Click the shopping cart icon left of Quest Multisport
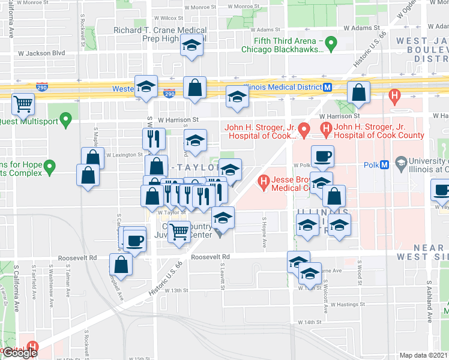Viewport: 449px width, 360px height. click(x=23, y=104)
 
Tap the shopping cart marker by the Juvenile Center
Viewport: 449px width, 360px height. click(x=179, y=231)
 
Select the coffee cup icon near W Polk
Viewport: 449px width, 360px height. click(x=322, y=155)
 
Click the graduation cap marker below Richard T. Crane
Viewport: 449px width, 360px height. click(x=192, y=46)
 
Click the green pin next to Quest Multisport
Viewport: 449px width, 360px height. click(x=66, y=119)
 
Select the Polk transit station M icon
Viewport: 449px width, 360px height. click(x=385, y=165)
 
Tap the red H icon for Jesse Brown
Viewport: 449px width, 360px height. click(x=262, y=181)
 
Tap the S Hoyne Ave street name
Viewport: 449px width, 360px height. click(x=264, y=232)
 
